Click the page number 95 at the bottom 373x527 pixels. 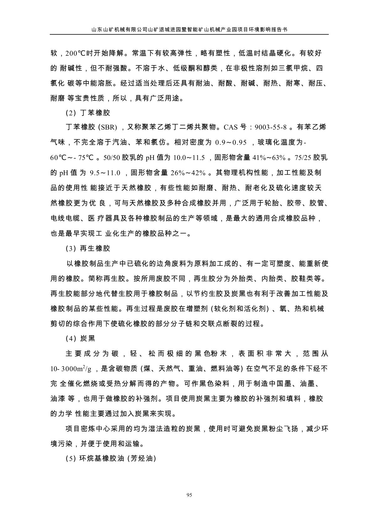[189, 495]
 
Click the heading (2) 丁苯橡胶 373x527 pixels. [88, 112]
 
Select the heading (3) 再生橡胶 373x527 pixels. [88, 249]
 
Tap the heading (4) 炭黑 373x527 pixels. [80, 338]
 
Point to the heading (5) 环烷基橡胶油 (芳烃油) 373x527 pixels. [111, 459]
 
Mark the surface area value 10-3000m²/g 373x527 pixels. [71, 369]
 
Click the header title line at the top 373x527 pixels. [189, 29]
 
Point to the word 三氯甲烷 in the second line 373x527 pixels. [290, 69]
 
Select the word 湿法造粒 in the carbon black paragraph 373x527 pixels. [158, 429]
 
